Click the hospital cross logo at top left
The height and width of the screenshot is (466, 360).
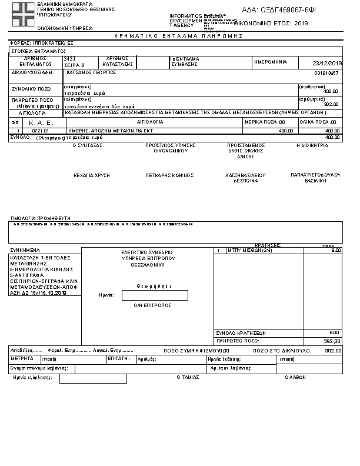click(24, 13)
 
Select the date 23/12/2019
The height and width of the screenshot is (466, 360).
click(328, 63)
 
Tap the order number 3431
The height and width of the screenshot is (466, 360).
click(69, 59)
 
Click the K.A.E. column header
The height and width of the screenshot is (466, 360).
click(41, 122)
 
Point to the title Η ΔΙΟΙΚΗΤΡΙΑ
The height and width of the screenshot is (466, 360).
click(312, 145)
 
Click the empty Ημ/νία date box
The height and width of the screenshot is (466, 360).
click(155, 295)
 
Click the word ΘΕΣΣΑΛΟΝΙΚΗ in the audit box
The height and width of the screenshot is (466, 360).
click(146, 264)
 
